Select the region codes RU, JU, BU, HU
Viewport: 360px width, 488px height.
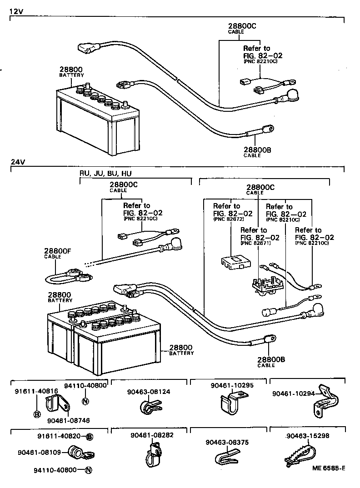tap(105, 174)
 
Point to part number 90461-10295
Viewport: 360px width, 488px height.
tap(232, 385)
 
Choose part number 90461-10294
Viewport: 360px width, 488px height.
tap(293, 393)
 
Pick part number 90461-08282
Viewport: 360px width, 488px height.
tap(152, 435)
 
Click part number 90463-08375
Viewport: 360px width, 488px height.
tap(227, 442)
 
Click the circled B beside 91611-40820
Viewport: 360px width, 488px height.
tap(90, 437)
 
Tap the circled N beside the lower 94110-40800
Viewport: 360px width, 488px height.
tap(89, 470)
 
